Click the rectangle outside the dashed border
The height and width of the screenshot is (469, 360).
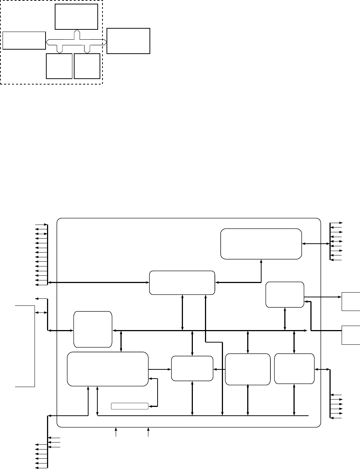128,41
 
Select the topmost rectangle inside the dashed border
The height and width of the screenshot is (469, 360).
76,17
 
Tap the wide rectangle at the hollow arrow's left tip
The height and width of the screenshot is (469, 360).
24,40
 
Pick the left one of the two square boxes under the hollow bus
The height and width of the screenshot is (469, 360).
59,66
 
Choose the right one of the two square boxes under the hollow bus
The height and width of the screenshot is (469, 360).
87,66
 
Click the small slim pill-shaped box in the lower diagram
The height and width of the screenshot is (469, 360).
130,406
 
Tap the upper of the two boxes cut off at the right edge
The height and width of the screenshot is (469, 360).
351,301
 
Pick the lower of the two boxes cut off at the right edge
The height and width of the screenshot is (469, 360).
351,335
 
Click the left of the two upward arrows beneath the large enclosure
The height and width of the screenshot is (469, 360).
116,432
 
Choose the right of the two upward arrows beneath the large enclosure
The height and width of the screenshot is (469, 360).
148,432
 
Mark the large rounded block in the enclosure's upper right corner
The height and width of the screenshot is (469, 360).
261,244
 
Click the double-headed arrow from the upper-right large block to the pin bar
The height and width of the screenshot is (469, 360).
316,244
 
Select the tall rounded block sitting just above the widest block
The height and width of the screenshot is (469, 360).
93,329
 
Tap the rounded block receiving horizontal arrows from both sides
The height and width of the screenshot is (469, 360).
192,369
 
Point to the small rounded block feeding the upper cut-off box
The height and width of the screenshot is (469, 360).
285,294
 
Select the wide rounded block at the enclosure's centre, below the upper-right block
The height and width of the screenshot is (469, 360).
182,283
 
